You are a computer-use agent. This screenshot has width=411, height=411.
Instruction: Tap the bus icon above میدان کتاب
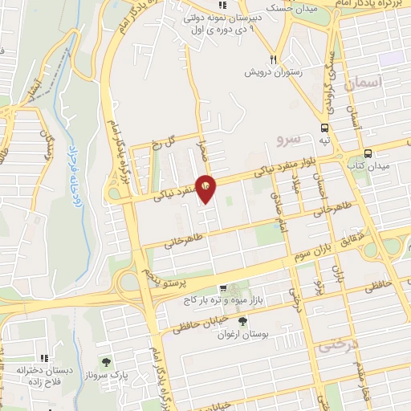pyautogui.click(x=368, y=153)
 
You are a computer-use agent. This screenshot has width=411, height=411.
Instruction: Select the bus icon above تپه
pyautogui.click(x=324, y=128)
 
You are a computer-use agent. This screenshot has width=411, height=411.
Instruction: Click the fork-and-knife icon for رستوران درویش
pyautogui.click(x=275, y=59)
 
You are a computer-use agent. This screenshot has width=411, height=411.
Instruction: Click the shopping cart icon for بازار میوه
pyautogui.click(x=223, y=289)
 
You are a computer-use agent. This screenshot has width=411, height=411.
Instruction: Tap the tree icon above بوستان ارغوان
pyautogui.click(x=243, y=321)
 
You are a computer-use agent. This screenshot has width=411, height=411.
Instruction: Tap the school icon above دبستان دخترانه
pyautogui.click(x=44, y=359)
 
